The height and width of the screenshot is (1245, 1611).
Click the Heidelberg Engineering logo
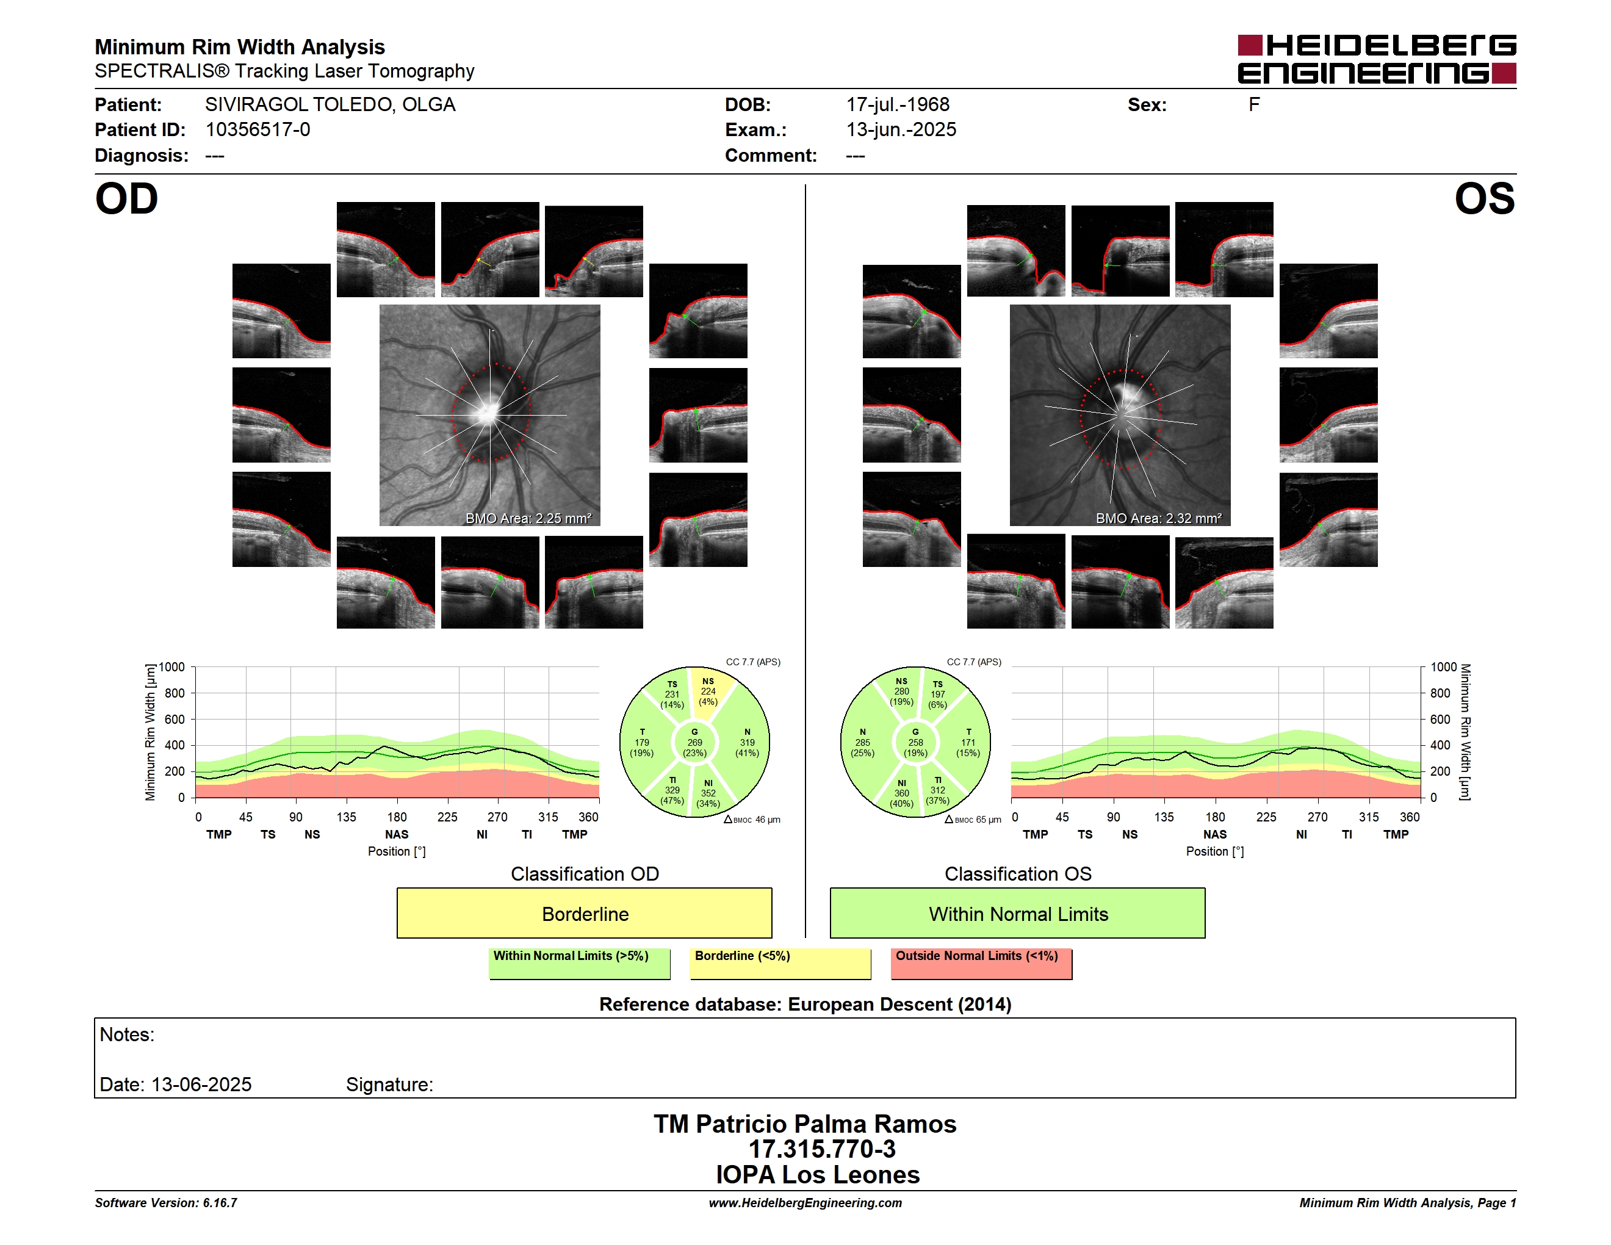[1377, 59]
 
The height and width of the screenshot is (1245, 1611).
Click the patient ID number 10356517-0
[258, 130]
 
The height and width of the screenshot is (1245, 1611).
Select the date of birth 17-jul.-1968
[898, 105]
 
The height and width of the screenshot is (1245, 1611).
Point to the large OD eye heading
[126, 199]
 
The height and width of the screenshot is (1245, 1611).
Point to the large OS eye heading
[1484, 199]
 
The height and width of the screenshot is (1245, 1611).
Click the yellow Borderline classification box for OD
[584, 913]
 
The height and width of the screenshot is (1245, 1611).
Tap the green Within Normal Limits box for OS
[1017, 913]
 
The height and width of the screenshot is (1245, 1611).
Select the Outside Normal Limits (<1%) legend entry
[981, 963]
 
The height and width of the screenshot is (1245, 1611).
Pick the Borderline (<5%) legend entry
[780, 963]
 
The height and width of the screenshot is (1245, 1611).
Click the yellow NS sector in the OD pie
[710, 690]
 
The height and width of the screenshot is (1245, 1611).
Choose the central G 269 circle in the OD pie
[694, 743]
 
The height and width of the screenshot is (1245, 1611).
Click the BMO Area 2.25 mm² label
[528, 519]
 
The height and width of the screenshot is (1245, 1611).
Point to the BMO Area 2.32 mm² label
[1158, 519]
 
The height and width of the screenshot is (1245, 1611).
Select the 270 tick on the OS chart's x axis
[1317, 817]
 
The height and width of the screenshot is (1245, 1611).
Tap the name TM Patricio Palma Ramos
[805, 1124]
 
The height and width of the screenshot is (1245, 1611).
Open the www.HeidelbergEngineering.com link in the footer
[805, 1203]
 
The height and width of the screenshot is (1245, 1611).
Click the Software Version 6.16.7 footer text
[166, 1203]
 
